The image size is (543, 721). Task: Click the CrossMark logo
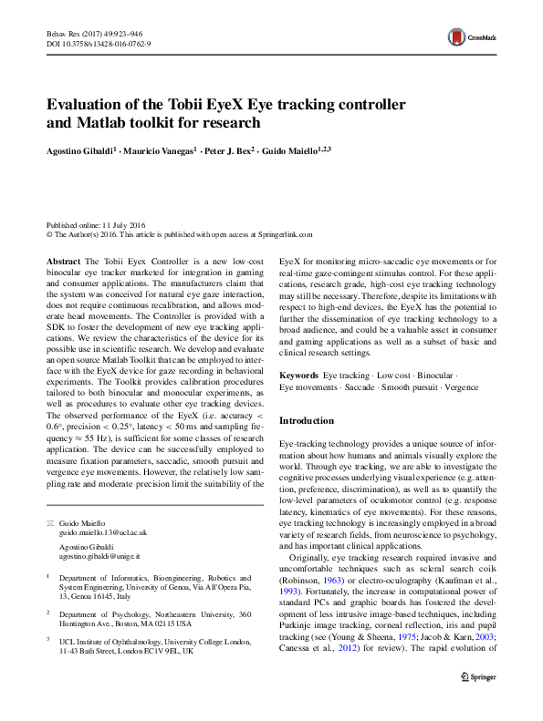(x=467, y=37)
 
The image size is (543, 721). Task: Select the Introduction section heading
(x=308, y=421)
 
